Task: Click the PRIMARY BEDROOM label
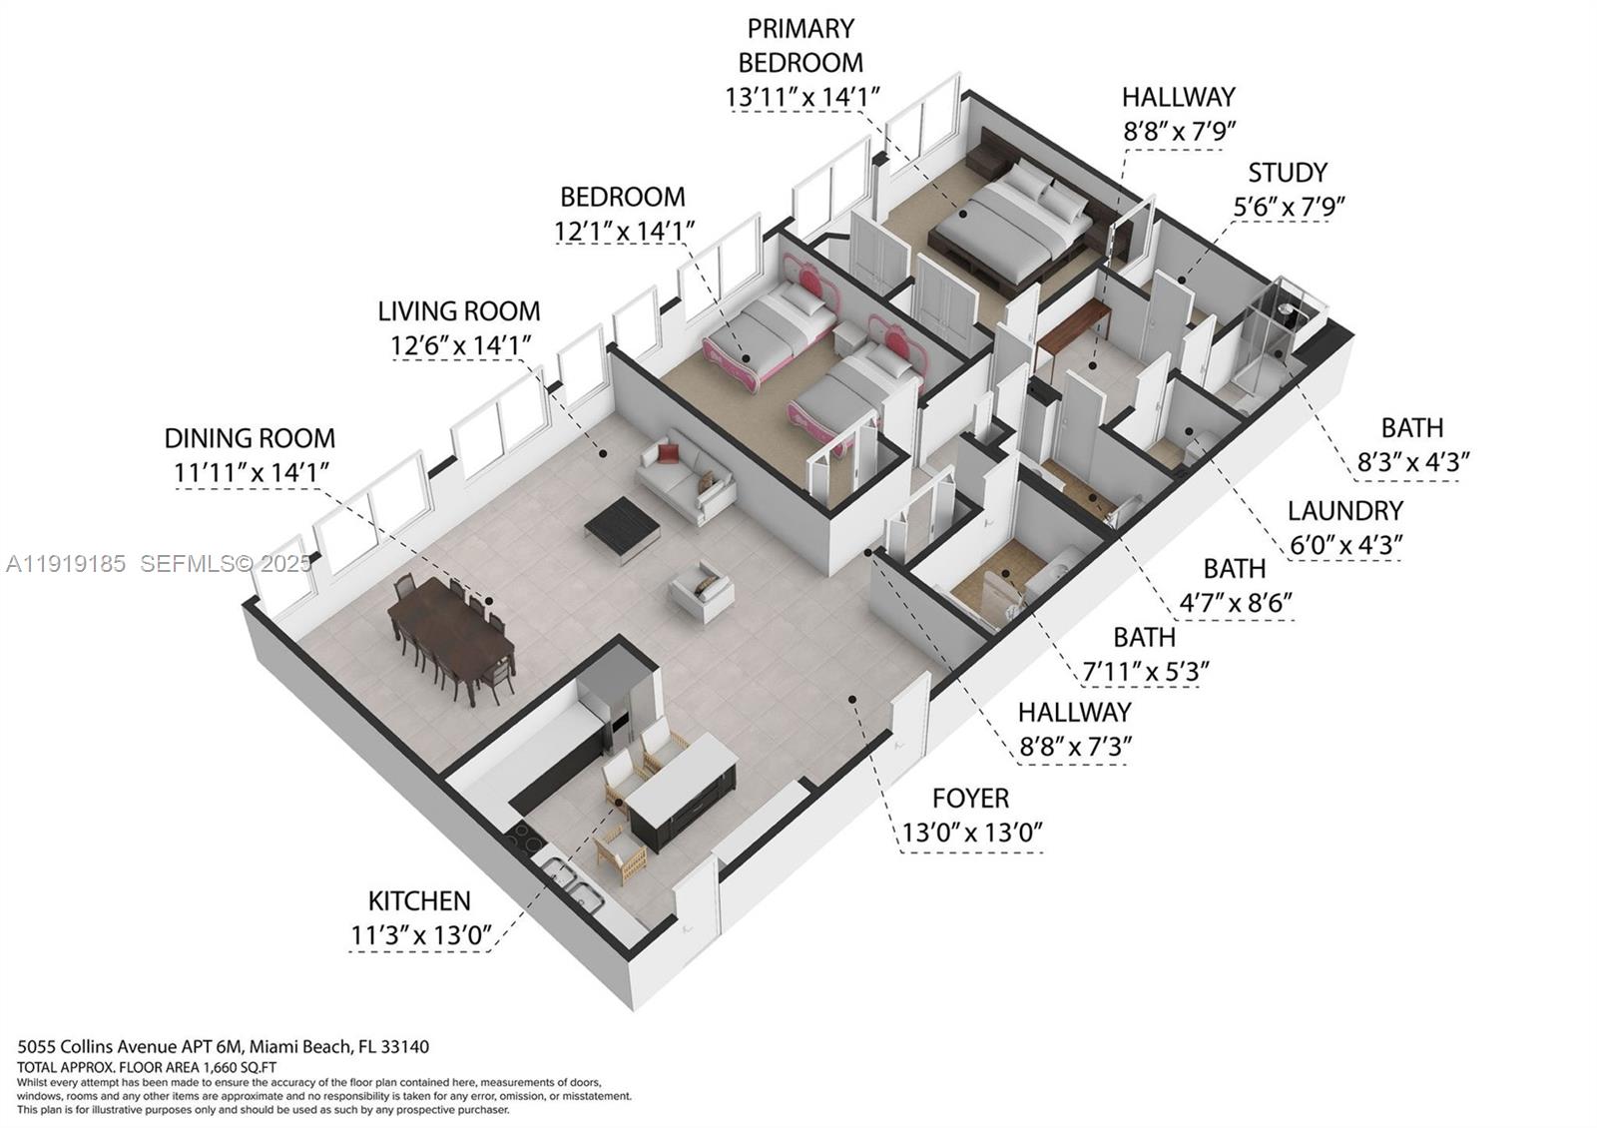[x=800, y=45]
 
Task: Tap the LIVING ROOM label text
[x=458, y=310]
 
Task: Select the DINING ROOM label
[x=250, y=437]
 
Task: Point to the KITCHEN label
[x=419, y=900]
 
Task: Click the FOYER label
[x=970, y=798]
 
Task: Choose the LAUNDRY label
[x=1344, y=510]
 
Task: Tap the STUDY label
[x=1288, y=172]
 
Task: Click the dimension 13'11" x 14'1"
[x=801, y=97]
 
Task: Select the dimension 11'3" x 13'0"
[x=420, y=936]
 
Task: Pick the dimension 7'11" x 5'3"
[x=1146, y=672]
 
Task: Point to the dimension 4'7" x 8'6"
[x=1235, y=603]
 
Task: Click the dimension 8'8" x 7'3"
[x=1074, y=747]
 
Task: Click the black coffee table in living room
[x=622, y=526]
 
